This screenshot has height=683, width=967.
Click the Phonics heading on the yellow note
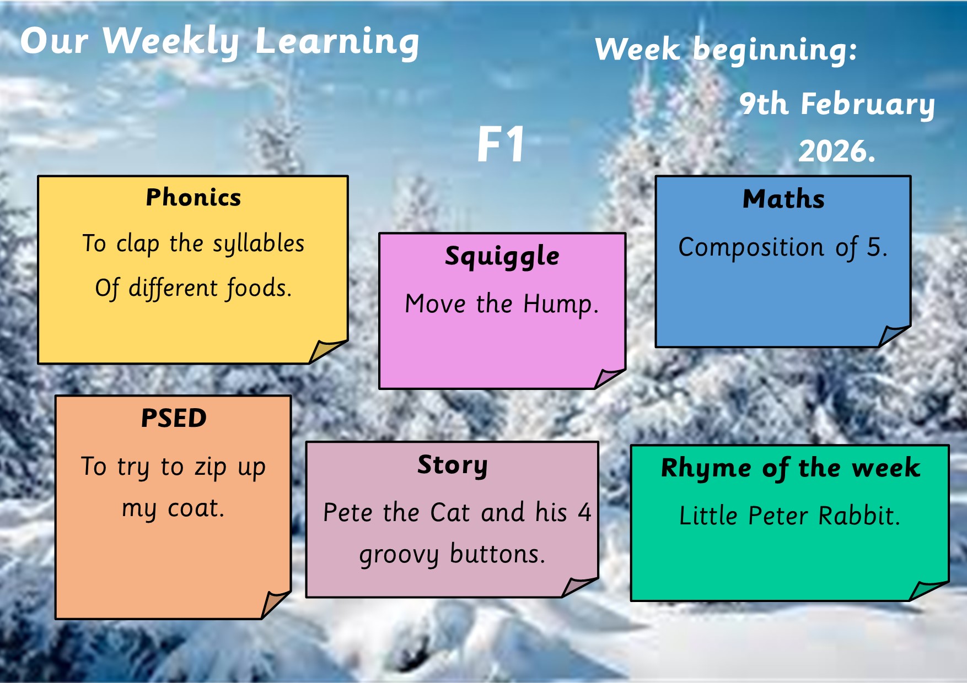coord(194,197)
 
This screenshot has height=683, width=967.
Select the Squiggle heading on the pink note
coord(502,257)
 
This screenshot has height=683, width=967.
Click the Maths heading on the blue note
coord(783,199)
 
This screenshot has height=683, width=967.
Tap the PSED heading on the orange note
coord(174,418)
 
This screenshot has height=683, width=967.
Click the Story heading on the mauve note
coord(453,465)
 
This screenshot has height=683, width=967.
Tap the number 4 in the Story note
coord(584,513)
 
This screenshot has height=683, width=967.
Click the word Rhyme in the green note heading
coord(706,469)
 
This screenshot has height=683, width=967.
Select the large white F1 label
coord(501,144)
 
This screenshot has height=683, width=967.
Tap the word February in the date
coord(868,105)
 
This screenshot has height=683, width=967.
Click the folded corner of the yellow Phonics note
coord(327,351)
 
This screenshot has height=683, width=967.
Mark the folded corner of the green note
coord(928,590)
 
